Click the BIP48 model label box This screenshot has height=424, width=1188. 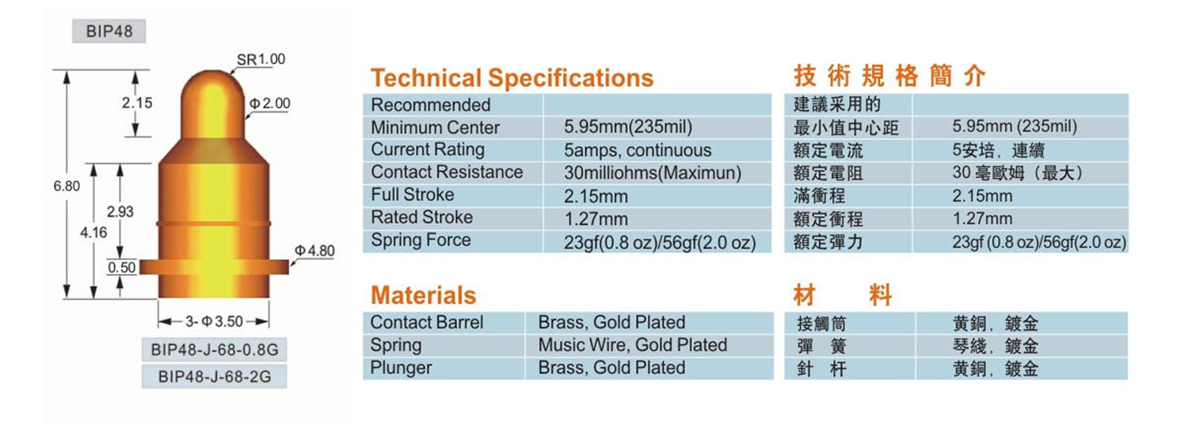click(109, 32)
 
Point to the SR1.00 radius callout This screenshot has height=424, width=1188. click(261, 59)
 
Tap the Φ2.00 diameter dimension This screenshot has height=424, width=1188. click(270, 104)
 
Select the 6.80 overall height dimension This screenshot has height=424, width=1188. click(67, 186)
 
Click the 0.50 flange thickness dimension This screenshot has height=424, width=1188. click(121, 267)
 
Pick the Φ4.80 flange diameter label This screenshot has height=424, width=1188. click(314, 251)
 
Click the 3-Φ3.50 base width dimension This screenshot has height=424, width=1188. click(215, 321)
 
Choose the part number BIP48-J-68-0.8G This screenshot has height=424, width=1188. click(215, 350)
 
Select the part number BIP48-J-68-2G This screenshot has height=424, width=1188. click(215, 377)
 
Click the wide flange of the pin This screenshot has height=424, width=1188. click(214, 267)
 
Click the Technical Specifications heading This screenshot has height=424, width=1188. click(512, 78)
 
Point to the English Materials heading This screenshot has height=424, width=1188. click(423, 295)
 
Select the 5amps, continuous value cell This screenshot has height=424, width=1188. click(638, 150)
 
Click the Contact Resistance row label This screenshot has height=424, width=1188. click(447, 172)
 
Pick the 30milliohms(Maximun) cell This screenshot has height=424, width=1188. click(653, 173)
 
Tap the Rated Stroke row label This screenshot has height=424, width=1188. click(421, 218)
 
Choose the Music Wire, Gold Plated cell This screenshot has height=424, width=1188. click(633, 345)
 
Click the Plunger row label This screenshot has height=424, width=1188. click(401, 368)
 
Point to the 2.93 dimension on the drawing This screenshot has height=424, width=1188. click(120, 212)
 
